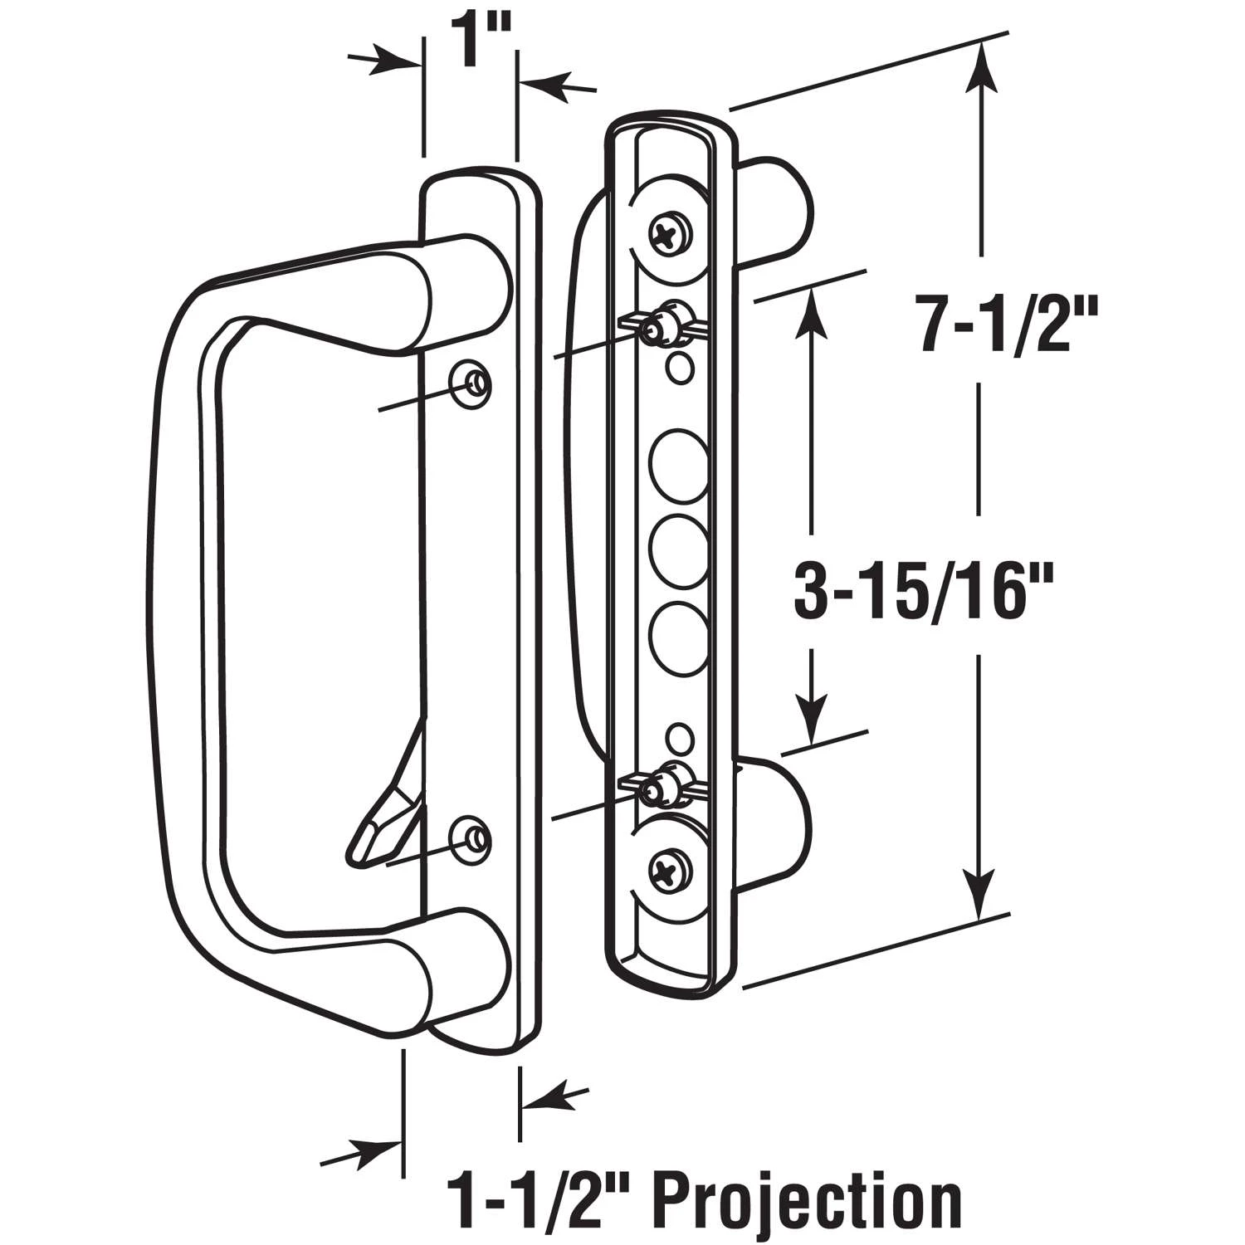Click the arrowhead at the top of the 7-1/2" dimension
click(982, 66)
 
